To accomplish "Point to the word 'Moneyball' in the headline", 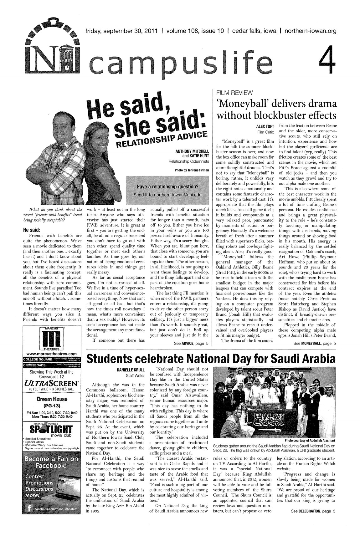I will coord(238,103).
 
